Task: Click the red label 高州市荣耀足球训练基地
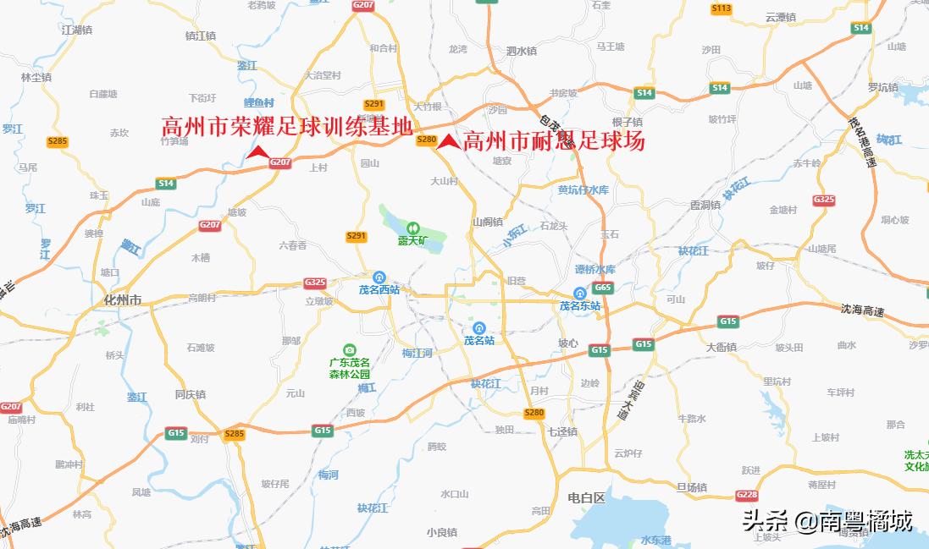pos(287,128)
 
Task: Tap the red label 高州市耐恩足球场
pos(554,141)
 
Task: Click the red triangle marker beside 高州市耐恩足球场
pos(448,142)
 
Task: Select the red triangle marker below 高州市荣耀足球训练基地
pos(257,151)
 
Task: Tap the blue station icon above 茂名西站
pos(379,276)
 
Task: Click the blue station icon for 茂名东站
pos(579,293)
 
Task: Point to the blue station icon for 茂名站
pos(478,327)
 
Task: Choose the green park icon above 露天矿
pos(412,227)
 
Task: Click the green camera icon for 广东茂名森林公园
pos(349,349)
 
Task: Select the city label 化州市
pos(123,300)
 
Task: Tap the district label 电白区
pos(587,498)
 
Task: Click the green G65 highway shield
pos(603,288)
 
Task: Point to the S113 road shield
pos(721,8)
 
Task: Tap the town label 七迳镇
pos(562,431)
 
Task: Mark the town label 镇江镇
pos(201,36)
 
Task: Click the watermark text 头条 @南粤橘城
pos(827,521)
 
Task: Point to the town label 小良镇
pos(442,532)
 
